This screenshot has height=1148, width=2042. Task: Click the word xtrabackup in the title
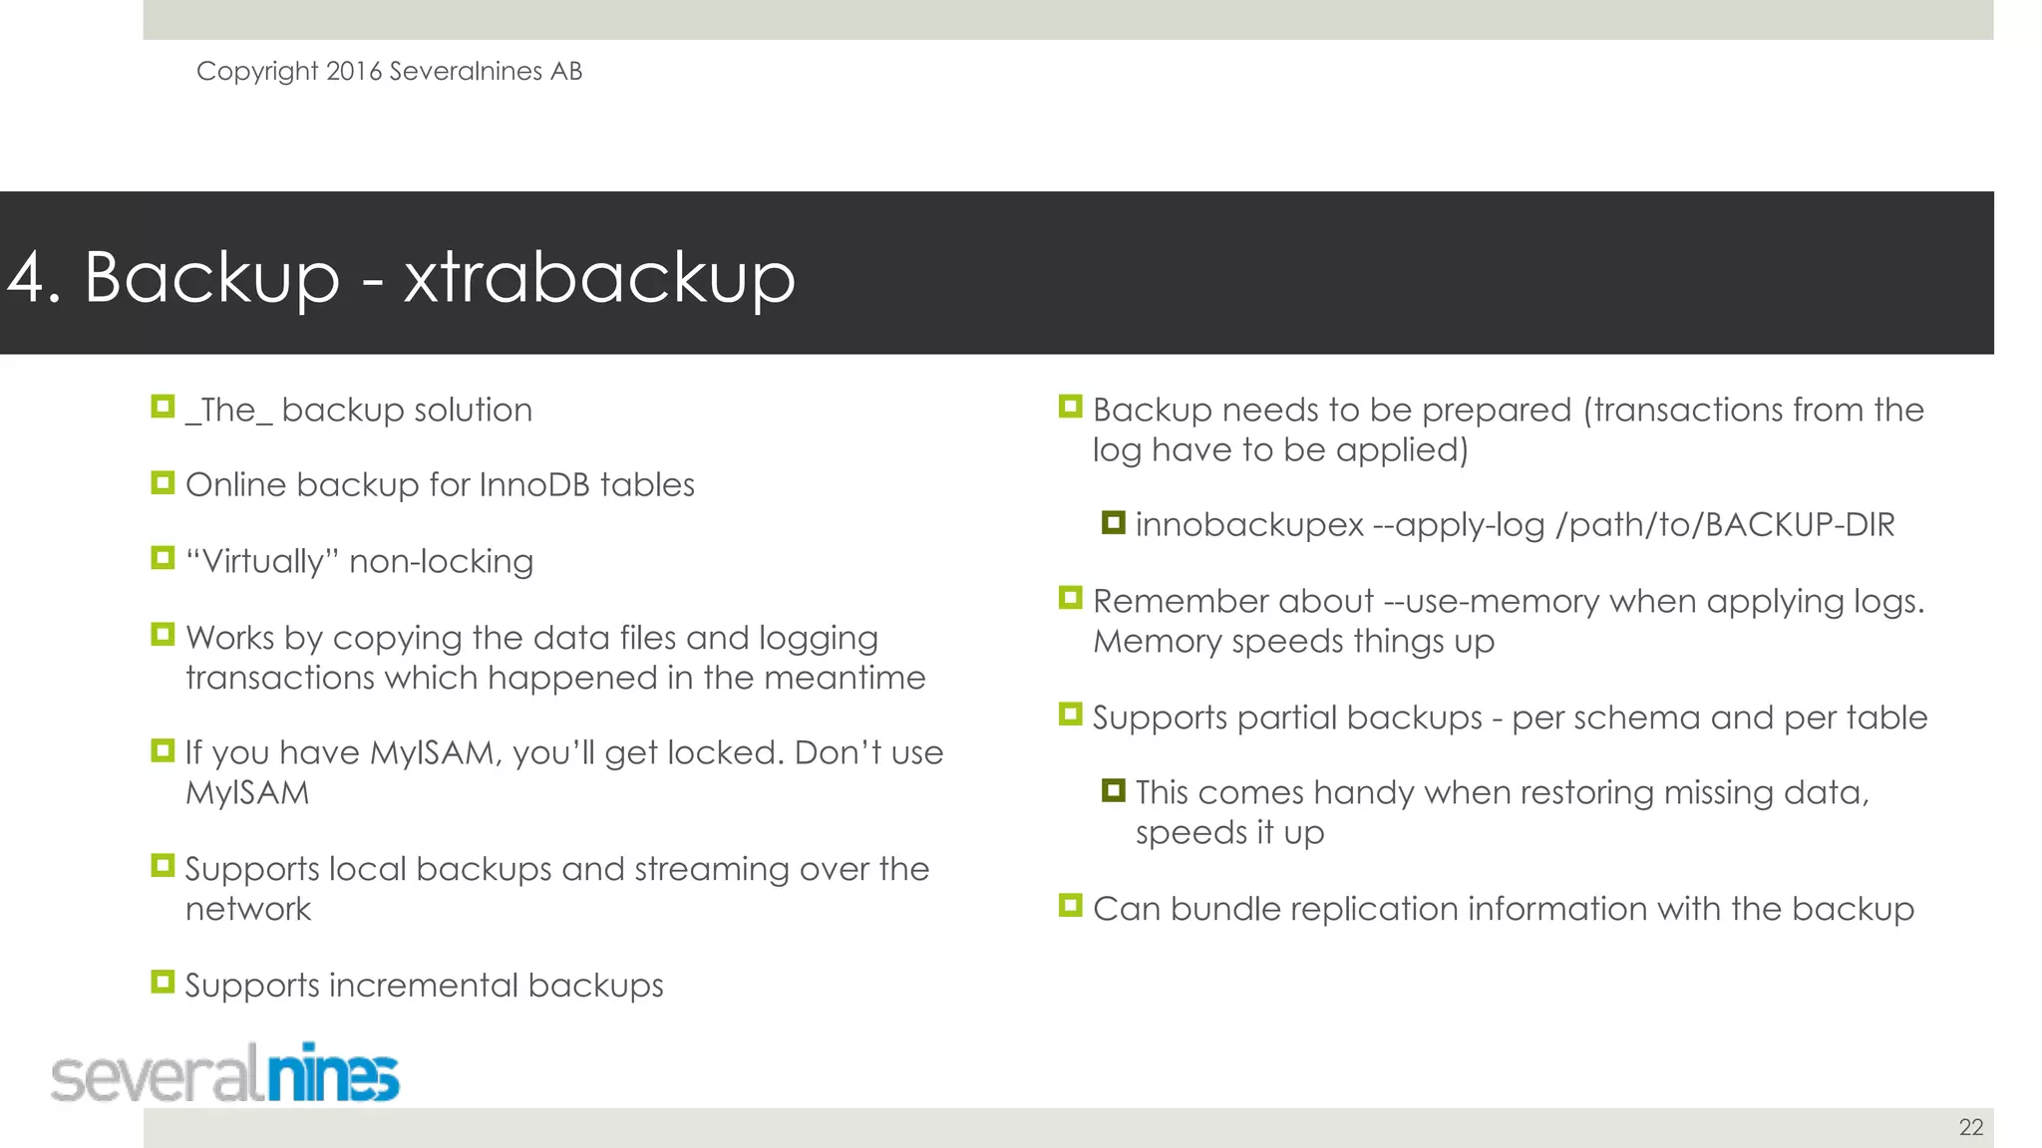(599, 277)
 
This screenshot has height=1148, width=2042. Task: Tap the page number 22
(1970, 1127)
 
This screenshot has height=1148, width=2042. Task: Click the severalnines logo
(225, 1074)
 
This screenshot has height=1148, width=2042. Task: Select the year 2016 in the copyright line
(354, 71)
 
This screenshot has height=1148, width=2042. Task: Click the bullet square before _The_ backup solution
(163, 407)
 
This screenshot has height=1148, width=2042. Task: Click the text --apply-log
(1459, 525)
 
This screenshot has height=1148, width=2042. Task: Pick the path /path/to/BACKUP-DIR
(1725, 525)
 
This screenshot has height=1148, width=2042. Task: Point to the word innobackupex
(1248, 525)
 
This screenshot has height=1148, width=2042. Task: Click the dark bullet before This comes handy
(1114, 791)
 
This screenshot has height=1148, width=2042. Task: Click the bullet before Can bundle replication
(1071, 906)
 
